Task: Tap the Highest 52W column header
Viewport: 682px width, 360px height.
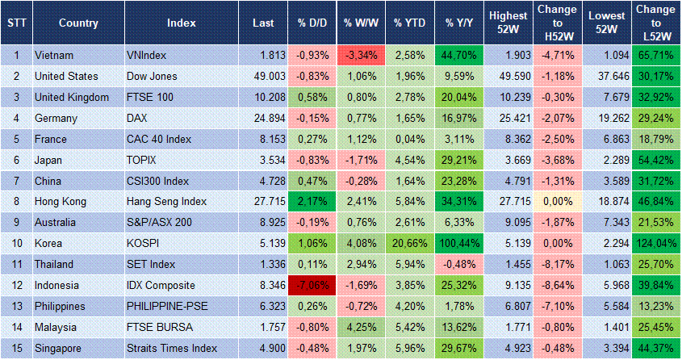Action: coord(508,23)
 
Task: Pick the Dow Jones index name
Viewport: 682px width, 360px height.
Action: coord(153,76)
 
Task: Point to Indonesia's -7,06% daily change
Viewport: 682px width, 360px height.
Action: coord(312,286)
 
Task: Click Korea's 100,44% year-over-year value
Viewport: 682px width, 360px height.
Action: coord(458,244)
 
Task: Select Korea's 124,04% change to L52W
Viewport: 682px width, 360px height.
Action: coord(655,244)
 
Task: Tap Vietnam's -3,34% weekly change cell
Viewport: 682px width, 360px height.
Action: coord(362,56)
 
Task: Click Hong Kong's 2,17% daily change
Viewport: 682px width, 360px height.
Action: coord(312,202)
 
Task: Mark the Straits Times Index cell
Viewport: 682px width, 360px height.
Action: coord(172,348)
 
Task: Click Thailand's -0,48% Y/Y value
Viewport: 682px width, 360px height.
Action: coord(458,265)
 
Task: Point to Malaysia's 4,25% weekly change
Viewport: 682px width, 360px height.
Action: coord(362,328)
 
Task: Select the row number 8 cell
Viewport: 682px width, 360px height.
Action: coord(16,202)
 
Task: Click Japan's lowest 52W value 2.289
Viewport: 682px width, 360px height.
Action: coord(607,160)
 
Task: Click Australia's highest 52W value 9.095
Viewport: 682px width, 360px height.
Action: coord(508,223)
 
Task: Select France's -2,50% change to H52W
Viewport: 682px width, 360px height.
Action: coord(558,139)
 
